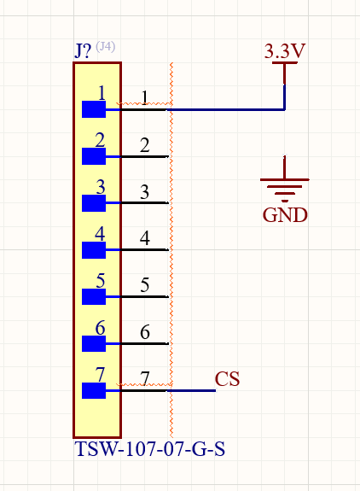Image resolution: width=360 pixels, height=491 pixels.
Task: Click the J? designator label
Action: [83, 51]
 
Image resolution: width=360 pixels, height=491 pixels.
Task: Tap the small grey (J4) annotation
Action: [106, 47]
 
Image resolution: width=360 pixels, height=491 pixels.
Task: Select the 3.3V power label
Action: [285, 51]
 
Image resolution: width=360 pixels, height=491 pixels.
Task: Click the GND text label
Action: [285, 215]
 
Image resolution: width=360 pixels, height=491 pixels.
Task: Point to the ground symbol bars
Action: [285, 189]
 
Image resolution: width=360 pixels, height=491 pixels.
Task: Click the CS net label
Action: [228, 378]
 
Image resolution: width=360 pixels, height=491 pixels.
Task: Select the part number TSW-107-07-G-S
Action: [150, 449]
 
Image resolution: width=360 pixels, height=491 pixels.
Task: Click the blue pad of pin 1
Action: [94, 109]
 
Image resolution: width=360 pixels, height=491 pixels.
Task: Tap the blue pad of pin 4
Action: [94, 250]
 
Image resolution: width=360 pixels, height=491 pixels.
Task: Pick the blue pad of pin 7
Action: [94, 390]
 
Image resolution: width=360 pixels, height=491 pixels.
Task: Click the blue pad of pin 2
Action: [94, 156]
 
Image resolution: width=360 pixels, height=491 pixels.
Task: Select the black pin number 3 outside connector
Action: [144, 191]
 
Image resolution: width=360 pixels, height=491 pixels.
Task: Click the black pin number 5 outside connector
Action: [144, 284]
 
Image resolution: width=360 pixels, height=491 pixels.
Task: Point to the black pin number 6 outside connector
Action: [145, 332]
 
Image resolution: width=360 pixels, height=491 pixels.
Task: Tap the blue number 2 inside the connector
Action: [100, 140]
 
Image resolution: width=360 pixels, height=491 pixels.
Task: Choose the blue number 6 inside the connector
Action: [100, 328]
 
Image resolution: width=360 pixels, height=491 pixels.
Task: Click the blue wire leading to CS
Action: [191, 390]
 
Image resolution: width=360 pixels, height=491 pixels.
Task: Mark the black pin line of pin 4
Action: [144, 250]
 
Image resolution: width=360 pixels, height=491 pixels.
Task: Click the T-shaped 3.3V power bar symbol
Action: [285, 73]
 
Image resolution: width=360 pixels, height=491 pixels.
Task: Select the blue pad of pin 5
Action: [94, 296]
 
